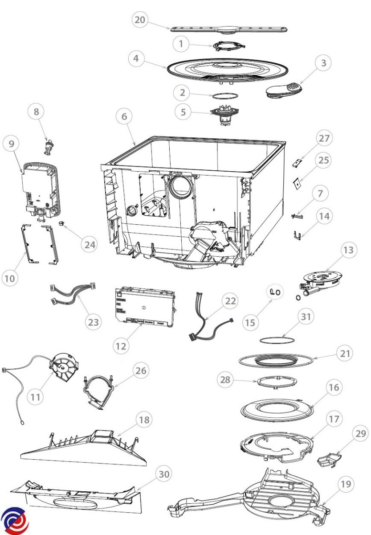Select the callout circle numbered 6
(124, 116)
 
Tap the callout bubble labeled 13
(350, 251)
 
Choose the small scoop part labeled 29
(327, 459)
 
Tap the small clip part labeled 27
(298, 163)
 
